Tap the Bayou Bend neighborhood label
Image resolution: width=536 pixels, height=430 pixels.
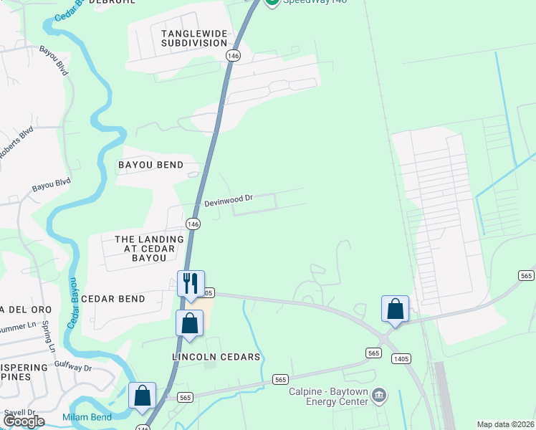[150, 165]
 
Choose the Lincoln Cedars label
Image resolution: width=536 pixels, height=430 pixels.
[216, 357]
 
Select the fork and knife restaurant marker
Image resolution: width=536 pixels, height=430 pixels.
[191, 283]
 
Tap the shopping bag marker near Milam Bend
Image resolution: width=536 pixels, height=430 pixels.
[142, 396]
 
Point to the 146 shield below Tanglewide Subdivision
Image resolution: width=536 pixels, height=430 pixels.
[232, 55]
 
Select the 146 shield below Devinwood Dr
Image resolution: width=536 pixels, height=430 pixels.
[193, 224]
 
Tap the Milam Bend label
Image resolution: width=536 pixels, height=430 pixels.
[87, 418]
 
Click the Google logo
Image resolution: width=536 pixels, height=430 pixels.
[24, 421]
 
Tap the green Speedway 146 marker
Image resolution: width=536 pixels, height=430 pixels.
[272, 2]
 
